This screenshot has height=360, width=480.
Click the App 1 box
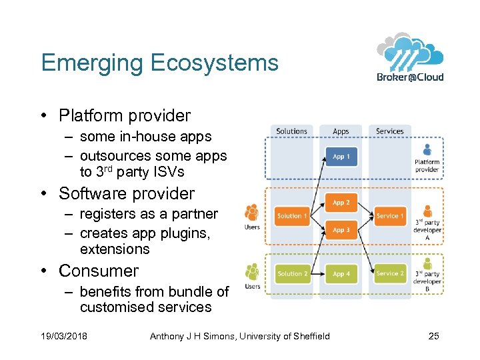341,157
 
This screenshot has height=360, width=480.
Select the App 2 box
341,202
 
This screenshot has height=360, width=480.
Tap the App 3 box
341,230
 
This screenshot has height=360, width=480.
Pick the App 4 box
341,273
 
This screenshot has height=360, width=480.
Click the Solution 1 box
293,215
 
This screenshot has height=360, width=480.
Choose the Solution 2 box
293,273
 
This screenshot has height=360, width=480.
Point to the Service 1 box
390,215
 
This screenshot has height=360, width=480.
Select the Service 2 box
390,273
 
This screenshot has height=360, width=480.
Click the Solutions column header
292,131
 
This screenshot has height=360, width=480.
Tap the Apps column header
341,131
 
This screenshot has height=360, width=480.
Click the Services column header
390,131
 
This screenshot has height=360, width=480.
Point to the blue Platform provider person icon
427,150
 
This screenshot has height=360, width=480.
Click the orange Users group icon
252,213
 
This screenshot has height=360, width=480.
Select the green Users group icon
252,272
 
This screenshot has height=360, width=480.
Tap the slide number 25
433,336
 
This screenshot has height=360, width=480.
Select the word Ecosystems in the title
215,63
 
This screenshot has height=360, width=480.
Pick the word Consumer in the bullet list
99,271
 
